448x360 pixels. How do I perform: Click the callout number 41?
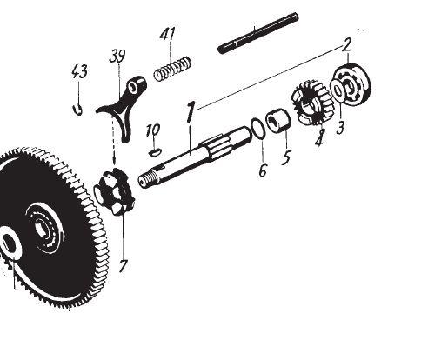[x=168, y=34]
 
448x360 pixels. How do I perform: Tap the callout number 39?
[x=117, y=57]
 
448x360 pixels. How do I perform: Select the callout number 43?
[x=79, y=71]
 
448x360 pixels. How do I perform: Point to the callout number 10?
[x=153, y=130]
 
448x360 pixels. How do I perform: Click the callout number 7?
[x=123, y=265]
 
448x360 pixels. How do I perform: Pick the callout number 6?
[x=262, y=170]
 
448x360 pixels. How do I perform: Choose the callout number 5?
[x=286, y=157]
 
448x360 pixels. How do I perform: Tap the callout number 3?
[x=340, y=128]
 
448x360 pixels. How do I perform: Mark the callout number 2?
[x=346, y=44]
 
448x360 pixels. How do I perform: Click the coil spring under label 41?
[x=172, y=69]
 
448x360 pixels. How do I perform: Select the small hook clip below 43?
[x=77, y=110]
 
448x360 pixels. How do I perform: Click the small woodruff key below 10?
[x=155, y=152]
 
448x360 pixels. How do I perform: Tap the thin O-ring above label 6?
[x=257, y=129]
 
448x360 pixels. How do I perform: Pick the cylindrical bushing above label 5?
[x=278, y=120]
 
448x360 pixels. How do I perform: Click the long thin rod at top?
[x=258, y=33]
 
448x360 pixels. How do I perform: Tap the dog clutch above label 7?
[x=115, y=191]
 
